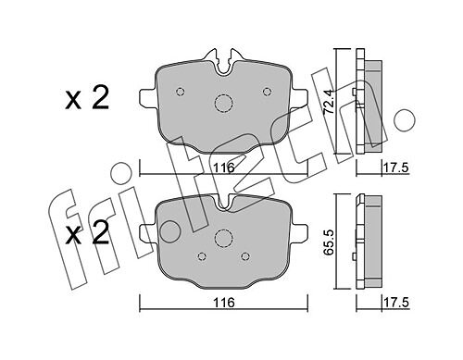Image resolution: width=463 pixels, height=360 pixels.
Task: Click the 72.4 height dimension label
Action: pyautogui.click(x=329, y=102)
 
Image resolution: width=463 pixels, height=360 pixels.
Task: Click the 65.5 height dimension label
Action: pyautogui.click(x=329, y=241)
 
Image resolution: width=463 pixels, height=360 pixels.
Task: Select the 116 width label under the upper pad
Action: pyautogui.click(x=224, y=168)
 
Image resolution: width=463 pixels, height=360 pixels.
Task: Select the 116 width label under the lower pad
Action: pyautogui.click(x=224, y=303)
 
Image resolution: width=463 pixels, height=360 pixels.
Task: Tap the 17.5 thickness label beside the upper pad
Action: pyautogui.click(x=396, y=168)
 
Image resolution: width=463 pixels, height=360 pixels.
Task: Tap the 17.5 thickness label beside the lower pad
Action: pyautogui.click(x=396, y=303)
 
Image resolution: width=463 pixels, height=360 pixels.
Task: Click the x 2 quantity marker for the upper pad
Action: pyautogui.click(x=87, y=97)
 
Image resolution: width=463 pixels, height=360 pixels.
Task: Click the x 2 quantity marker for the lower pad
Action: pyautogui.click(x=87, y=232)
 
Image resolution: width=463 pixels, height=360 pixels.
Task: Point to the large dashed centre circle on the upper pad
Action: pyautogui.click(x=223, y=103)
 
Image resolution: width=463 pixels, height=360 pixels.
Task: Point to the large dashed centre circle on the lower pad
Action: pyautogui.click(x=223, y=238)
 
